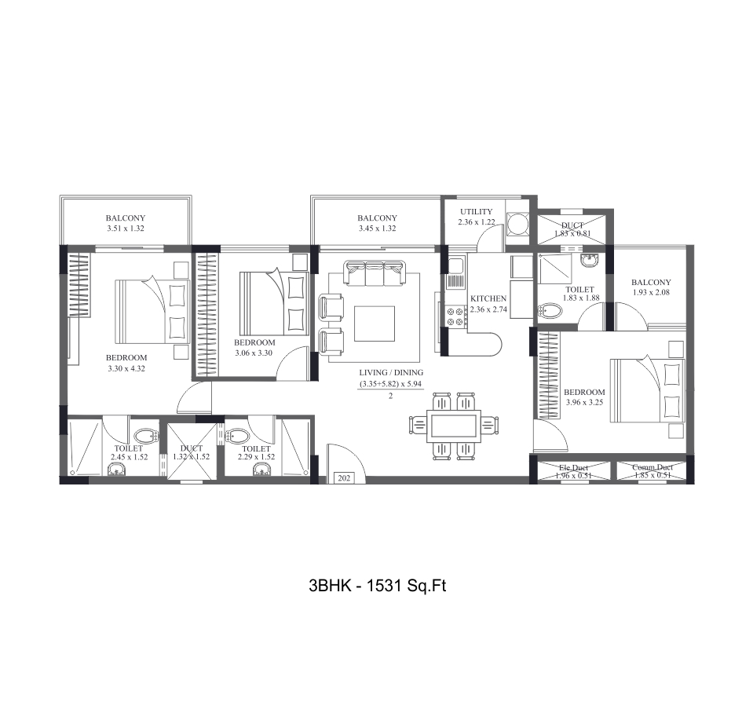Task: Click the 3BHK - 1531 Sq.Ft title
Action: coord(377,586)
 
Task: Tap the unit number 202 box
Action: coord(343,476)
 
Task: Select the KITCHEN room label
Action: coord(488,299)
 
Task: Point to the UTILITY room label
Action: coord(476,211)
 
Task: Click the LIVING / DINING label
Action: coord(391,372)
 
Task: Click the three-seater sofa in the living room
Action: coord(375,275)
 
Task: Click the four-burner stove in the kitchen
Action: coord(455,316)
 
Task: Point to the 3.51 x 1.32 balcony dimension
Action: coord(126,229)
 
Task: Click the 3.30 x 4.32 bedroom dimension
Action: coord(126,367)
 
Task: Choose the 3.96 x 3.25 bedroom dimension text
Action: coord(584,403)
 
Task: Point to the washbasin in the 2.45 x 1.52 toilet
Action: coord(116,470)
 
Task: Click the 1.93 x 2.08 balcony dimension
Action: coord(651,293)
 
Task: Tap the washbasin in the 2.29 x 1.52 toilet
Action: coord(261,470)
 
